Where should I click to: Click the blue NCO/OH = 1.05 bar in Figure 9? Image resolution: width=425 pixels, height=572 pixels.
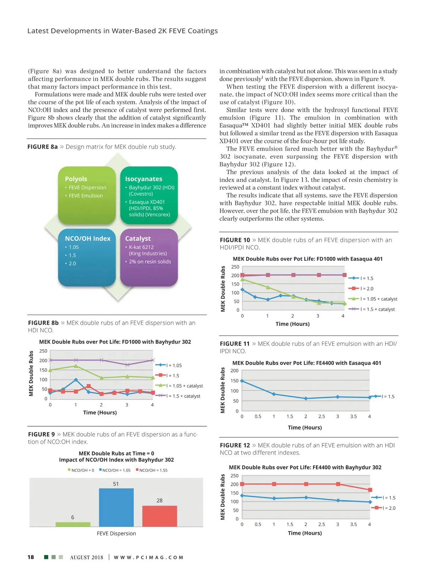tap(116, 507)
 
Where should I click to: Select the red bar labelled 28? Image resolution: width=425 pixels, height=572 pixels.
tap(159, 516)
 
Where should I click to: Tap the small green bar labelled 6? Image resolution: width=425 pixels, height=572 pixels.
tap(73, 524)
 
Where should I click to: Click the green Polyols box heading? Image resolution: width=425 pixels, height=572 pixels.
tap(76, 179)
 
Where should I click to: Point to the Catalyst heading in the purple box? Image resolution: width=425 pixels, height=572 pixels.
tap(138, 239)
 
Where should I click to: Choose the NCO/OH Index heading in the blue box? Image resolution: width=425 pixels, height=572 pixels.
tap(87, 239)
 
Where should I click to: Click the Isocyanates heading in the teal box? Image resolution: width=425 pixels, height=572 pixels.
tap(143, 179)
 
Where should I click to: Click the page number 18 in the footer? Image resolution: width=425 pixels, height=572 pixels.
tap(31, 557)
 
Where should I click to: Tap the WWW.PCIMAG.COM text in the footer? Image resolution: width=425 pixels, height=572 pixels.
tap(148, 557)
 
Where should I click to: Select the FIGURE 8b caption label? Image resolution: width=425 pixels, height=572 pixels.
tap(43, 323)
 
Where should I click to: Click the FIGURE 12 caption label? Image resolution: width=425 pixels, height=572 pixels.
tap(235, 445)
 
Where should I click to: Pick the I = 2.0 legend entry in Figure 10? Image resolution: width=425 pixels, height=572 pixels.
tap(367, 289)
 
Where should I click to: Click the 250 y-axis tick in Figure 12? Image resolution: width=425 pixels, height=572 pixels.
tap(234, 476)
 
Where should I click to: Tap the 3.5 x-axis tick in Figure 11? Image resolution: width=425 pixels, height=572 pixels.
tap(353, 416)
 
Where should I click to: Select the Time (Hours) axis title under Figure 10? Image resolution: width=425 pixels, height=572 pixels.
tap(293, 324)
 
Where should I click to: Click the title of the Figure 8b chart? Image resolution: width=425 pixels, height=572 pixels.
tap(115, 342)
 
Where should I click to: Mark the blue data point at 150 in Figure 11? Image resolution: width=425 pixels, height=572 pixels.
tap(242, 381)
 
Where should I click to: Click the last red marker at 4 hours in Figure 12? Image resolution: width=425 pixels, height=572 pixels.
tap(370, 490)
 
